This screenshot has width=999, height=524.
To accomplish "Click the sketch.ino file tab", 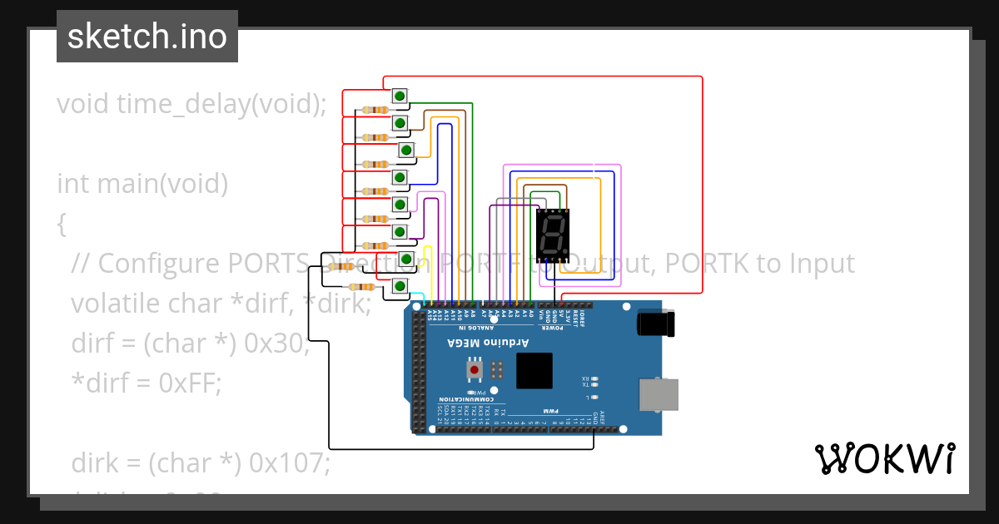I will pos(147,37).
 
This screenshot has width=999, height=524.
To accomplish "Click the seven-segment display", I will pos(552,235).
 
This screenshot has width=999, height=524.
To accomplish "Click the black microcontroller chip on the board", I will pos(534,371).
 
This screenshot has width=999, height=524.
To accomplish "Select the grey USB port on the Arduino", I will pos(657,394).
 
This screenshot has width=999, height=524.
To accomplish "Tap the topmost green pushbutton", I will pos(400,96).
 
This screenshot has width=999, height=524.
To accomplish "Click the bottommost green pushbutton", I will pos(400,286).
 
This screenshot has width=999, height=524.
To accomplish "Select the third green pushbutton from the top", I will pos(405,151).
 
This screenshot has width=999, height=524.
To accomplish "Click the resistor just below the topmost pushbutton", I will pos(379,111).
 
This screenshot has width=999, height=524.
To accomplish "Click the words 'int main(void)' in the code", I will pos(142,183).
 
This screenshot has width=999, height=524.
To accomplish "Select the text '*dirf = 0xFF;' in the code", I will pos(147,383).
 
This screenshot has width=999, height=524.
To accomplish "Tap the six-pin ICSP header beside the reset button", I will pos(497,368).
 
